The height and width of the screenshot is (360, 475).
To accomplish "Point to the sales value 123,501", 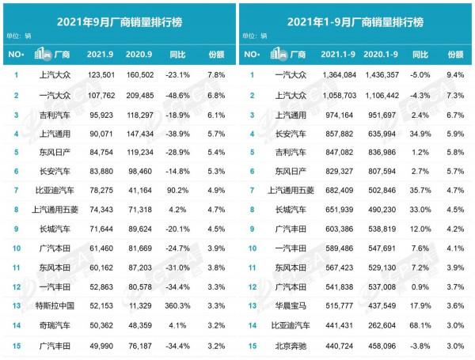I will (x=101, y=74).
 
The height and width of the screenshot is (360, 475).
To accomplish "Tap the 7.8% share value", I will (x=216, y=74).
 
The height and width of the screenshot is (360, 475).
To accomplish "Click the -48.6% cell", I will (x=179, y=95).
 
